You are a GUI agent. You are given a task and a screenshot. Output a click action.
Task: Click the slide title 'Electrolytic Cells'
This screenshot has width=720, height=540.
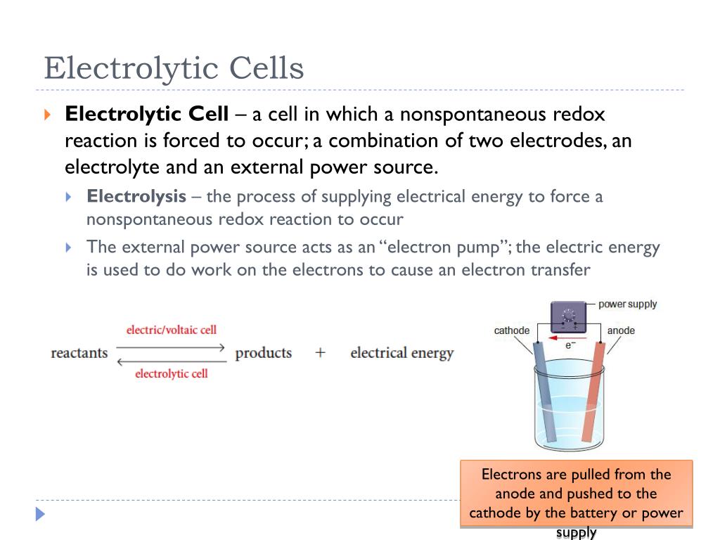coord(174,69)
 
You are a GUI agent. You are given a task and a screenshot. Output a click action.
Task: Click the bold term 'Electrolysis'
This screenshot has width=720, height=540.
coord(136,196)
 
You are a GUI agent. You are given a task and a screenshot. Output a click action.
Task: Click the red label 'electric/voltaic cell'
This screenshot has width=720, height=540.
coord(172,330)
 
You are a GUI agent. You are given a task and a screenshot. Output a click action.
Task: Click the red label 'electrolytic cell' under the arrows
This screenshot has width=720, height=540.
coord(172,373)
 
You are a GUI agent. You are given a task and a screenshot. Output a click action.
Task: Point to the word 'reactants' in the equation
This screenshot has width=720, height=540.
coord(79,352)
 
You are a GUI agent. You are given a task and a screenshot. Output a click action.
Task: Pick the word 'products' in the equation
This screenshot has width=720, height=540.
coord(264,352)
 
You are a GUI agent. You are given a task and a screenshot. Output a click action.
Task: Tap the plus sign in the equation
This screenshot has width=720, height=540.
coord(321,352)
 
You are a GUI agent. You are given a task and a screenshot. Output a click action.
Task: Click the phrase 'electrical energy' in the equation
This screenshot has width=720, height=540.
coord(402,352)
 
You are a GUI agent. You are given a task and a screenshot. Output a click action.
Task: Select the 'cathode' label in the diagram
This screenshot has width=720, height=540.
coord(512,330)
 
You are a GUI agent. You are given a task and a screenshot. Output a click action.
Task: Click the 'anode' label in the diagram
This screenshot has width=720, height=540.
coord(621,330)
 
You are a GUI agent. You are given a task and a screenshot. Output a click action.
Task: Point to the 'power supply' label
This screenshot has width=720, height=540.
coord(627,304)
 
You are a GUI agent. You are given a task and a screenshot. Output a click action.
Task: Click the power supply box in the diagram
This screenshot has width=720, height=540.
coord(569,317)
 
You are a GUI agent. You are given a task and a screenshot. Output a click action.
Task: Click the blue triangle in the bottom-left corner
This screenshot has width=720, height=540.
coord(40,514)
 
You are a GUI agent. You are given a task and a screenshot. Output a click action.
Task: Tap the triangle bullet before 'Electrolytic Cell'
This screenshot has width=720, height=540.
coord(47,114)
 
